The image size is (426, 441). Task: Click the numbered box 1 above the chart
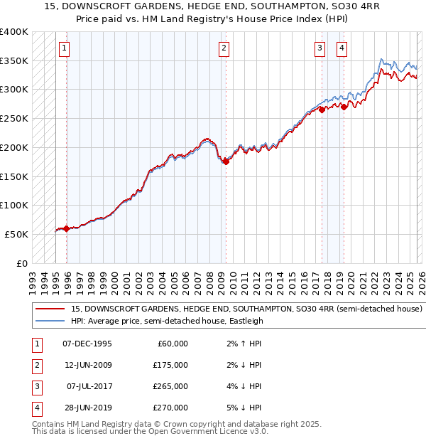tap(64, 48)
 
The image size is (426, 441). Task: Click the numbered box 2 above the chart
tap(224, 48)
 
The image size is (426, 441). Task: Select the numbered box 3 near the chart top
tap(319, 48)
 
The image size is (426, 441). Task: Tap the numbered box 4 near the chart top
tap(342, 48)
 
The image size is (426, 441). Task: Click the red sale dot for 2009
tap(226, 161)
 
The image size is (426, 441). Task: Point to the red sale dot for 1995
tap(67, 228)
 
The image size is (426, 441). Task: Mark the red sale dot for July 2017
tap(322, 110)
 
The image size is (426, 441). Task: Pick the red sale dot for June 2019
tap(344, 107)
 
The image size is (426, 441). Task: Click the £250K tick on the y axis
tap(14, 118)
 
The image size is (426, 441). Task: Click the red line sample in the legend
tap(50, 309)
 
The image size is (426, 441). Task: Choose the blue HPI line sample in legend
tap(50, 321)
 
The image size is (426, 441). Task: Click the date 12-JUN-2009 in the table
tap(87, 365)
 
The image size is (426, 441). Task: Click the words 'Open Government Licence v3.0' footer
tap(207, 431)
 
